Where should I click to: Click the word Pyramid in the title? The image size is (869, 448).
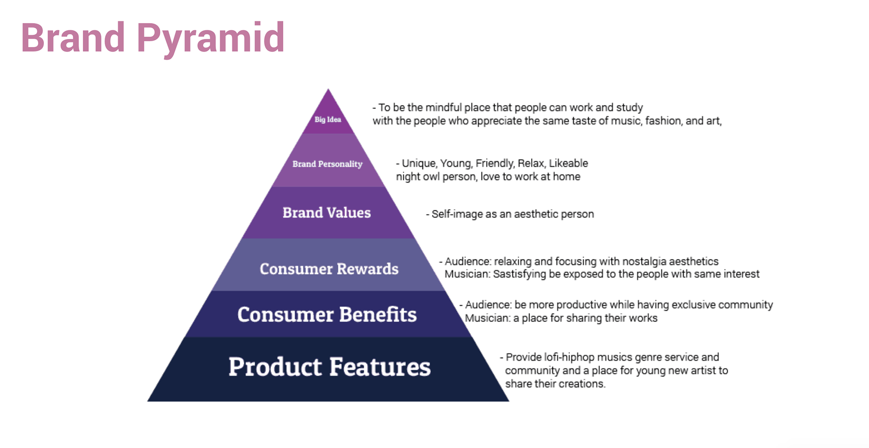210,39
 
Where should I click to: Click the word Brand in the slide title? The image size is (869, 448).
73,37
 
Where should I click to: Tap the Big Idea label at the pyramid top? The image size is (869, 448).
328,119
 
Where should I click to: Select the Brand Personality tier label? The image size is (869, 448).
327,164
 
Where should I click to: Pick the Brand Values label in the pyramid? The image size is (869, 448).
327,213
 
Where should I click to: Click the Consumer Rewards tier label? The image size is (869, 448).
329,269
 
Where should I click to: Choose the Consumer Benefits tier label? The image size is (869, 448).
327,315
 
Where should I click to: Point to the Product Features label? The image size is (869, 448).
329,367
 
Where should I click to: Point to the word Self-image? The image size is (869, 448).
457,214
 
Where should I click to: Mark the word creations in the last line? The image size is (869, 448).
584,384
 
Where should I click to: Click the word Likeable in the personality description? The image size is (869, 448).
568,163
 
